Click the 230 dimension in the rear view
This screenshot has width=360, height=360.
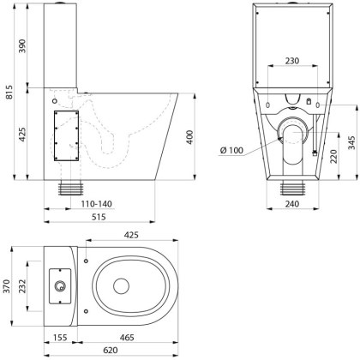pos(292,62)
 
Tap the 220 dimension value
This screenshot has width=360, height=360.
pos(333,156)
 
